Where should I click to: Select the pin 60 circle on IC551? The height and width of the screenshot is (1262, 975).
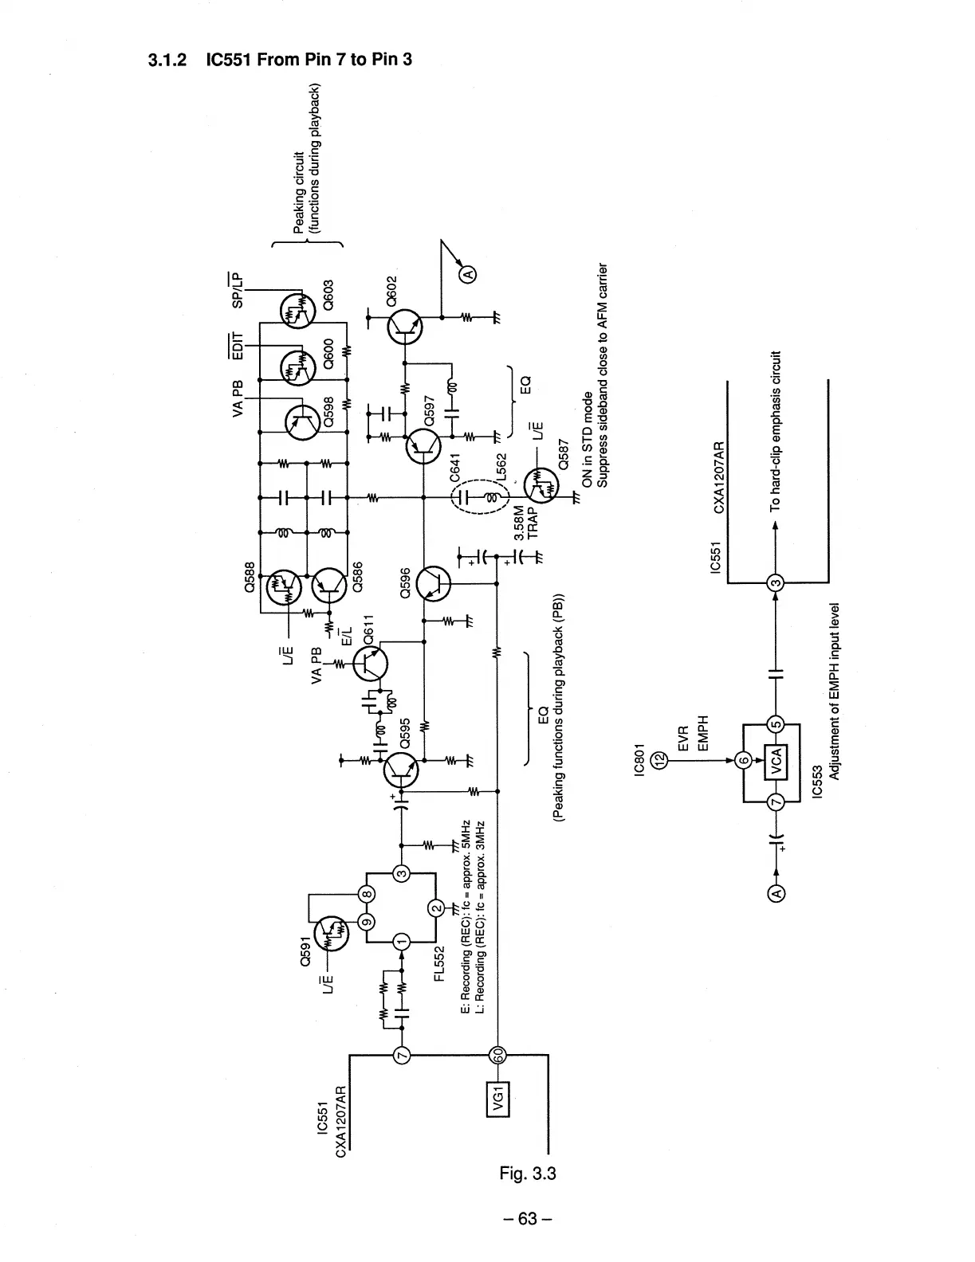coord(498,1055)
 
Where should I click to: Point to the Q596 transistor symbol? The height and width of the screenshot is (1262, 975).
coord(434,584)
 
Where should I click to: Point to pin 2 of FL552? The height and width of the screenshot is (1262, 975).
coord(436,907)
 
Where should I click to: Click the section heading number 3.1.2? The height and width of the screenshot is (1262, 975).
coord(168,59)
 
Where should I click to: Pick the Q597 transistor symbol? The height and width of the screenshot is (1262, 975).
coord(423,446)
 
